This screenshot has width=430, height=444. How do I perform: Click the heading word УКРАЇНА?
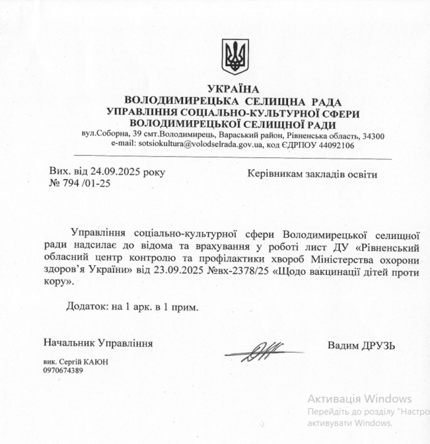coord(233,89)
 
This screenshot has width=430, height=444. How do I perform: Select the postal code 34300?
coord(373,135)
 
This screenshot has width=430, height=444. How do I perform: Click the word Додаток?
coord(88,307)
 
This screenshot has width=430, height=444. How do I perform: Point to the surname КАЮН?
coord(97,362)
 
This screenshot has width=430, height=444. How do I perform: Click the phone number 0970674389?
coord(62,370)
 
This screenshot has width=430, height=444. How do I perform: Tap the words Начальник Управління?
coord(97,343)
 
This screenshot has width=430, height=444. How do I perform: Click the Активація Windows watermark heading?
coord(359,399)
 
